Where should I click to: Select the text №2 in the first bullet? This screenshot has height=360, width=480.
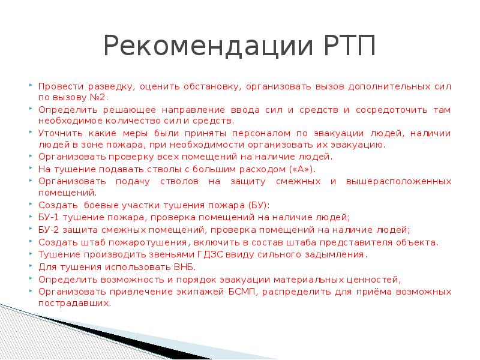[x=101, y=97]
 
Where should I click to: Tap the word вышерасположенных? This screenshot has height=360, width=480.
[x=398, y=181]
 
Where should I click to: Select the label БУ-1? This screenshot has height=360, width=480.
[x=49, y=217]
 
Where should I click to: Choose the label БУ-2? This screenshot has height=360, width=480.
[x=49, y=230]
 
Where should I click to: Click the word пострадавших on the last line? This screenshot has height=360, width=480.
[x=74, y=304]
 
